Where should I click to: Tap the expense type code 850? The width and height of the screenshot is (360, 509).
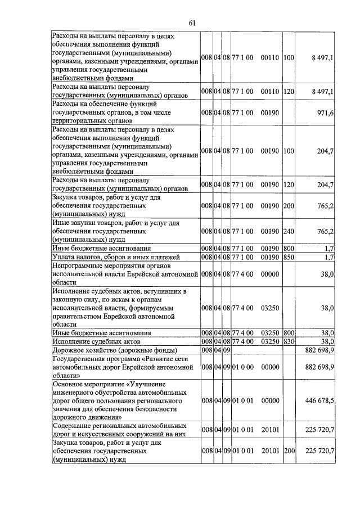coord(289,256)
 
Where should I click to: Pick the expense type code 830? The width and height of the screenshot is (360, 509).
coord(289,341)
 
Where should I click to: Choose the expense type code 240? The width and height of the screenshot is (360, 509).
coord(289,231)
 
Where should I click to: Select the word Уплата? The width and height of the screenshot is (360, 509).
coord(64,256)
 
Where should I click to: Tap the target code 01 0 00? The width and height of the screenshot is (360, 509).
coord(243,367)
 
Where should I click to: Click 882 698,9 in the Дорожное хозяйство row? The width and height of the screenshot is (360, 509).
coord(319,350)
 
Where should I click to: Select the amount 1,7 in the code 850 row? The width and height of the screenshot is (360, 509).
coord(330,256)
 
